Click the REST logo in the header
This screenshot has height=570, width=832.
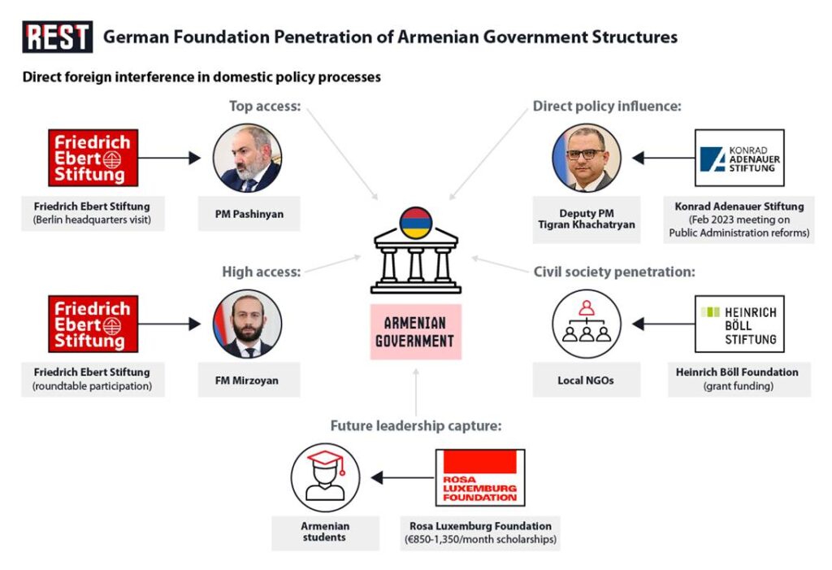pos(57,37)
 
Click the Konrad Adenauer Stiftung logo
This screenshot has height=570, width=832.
pos(739,158)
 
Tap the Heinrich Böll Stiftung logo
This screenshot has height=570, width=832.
pos(739,324)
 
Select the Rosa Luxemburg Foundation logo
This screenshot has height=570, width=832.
pos(480,477)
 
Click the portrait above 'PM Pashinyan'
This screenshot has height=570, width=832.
pos(247,158)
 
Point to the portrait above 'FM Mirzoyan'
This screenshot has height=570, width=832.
pos(247,324)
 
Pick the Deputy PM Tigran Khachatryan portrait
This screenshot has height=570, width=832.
pos(587,158)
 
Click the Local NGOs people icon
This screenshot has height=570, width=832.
pos(587,324)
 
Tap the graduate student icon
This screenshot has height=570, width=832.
pos(325,477)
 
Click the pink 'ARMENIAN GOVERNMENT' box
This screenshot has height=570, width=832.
pos(415,332)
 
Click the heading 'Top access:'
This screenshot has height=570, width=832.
pos(264,106)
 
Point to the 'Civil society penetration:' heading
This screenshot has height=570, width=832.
pos(613,272)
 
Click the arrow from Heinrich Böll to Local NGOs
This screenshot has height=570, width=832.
pos(663,324)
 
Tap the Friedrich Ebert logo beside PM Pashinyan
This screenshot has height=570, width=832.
pos(91,158)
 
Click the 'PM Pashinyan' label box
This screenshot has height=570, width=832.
pos(248,214)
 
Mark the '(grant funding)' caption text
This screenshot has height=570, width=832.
pos(739,386)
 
